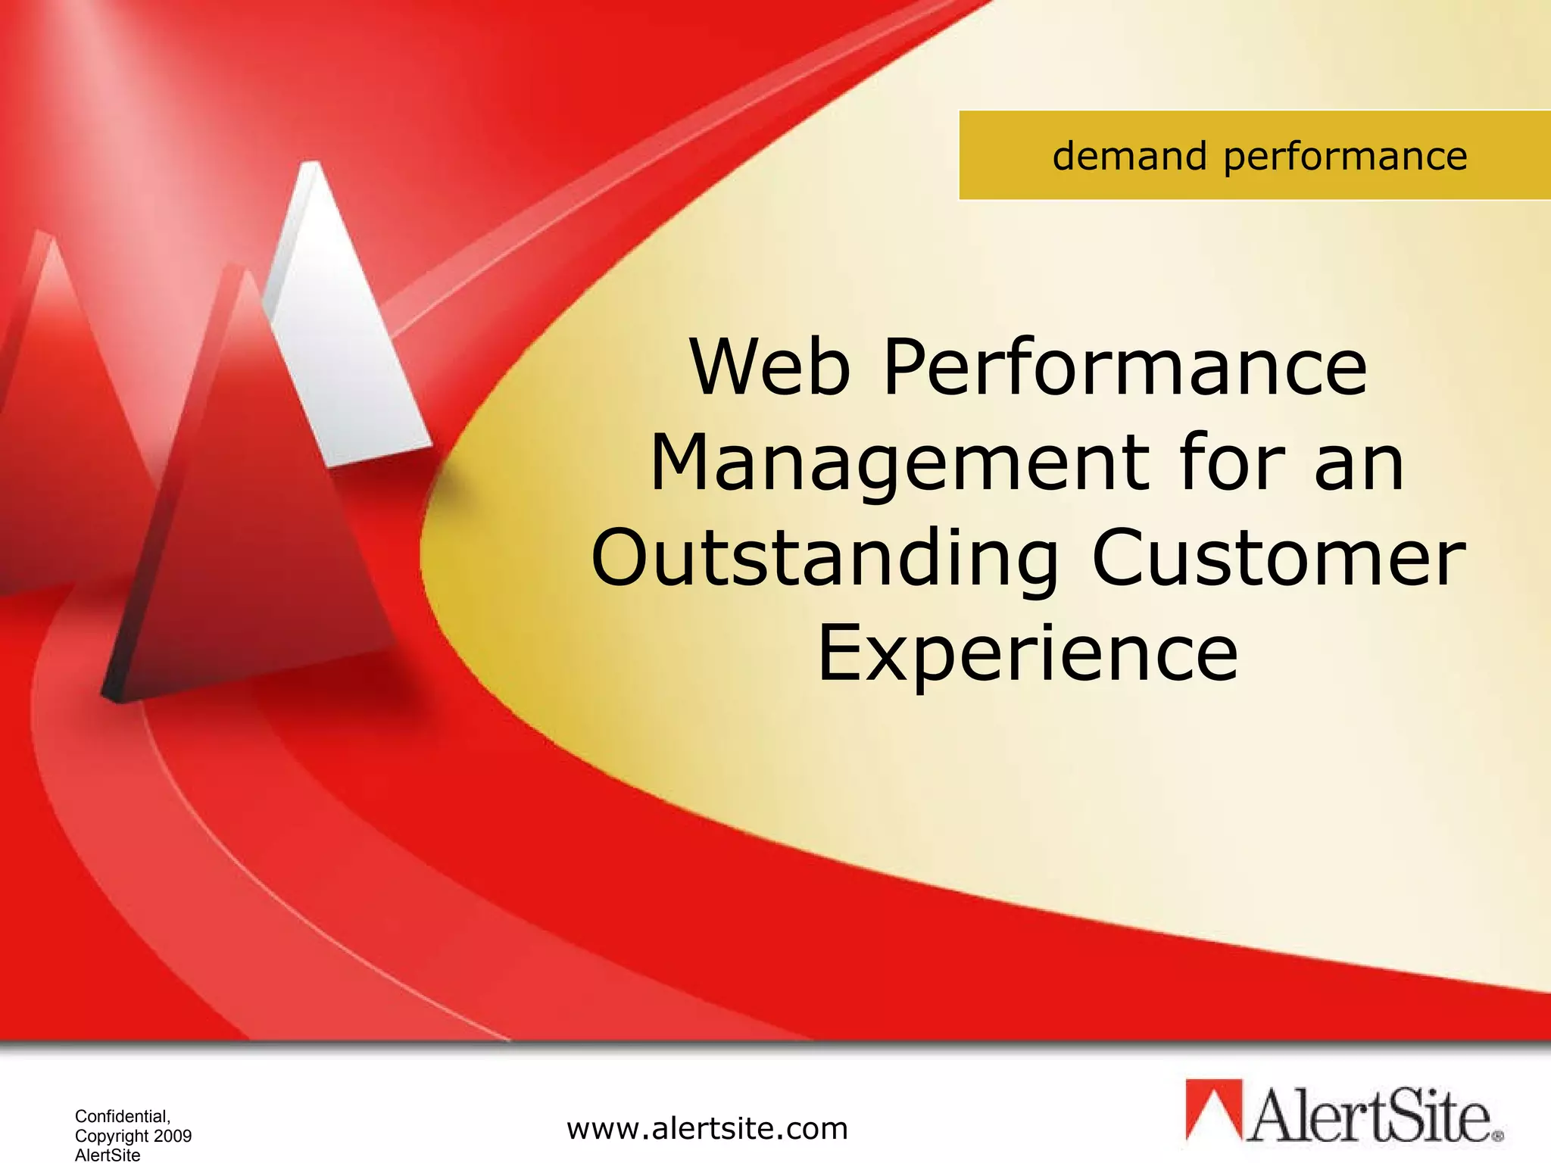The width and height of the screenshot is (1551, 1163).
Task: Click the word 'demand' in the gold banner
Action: (1129, 157)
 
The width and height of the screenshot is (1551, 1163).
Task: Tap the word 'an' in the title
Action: (1359, 463)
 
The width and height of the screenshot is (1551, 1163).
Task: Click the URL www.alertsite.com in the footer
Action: (707, 1129)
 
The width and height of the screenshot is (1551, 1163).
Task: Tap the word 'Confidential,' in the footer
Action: (123, 1116)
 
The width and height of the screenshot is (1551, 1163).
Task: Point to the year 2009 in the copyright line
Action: (173, 1136)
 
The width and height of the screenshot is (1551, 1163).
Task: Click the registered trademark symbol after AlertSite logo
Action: (1497, 1136)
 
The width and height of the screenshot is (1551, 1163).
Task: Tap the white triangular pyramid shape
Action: (341, 333)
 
